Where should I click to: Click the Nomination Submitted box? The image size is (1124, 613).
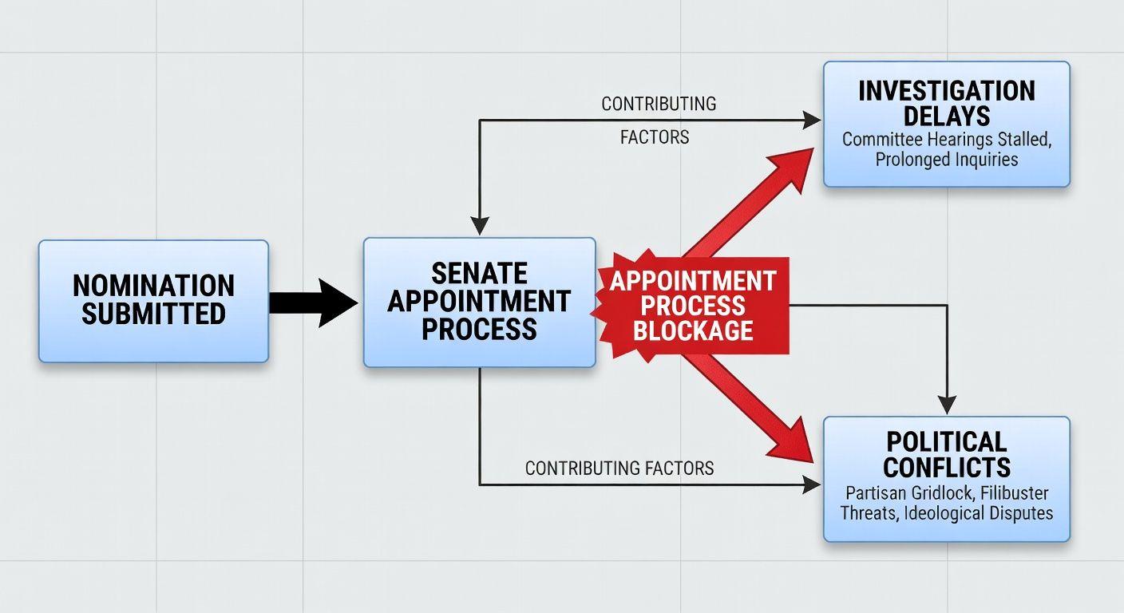click(x=153, y=301)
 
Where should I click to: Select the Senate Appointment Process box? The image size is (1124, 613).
click(x=479, y=303)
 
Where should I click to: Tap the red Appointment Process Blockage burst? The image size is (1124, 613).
click(x=693, y=305)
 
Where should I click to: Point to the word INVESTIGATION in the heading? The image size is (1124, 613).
click(x=946, y=90)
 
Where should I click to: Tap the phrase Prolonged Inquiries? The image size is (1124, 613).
click(x=946, y=159)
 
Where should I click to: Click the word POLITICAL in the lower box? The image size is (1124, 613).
click(x=946, y=442)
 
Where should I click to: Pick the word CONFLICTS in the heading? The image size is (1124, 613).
click(x=946, y=466)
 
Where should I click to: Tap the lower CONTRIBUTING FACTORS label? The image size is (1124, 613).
click(x=619, y=468)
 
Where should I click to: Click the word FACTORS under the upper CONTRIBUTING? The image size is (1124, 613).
click(x=655, y=137)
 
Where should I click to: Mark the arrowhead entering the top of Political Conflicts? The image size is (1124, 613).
click(x=946, y=406)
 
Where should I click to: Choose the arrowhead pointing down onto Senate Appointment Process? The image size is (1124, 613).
click(x=479, y=227)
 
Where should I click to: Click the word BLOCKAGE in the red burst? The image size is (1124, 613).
click(x=693, y=330)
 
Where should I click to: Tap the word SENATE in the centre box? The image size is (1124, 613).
click(x=479, y=274)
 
